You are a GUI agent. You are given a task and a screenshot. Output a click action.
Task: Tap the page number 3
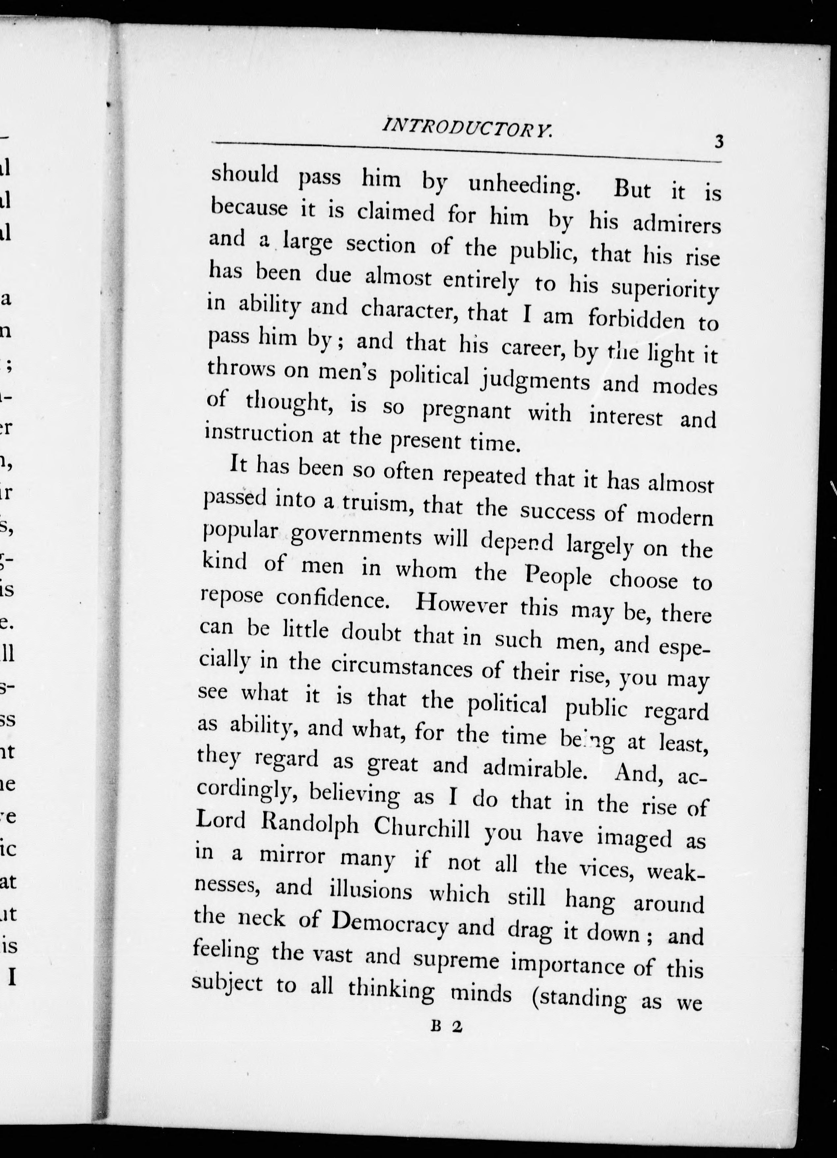coord(719,141)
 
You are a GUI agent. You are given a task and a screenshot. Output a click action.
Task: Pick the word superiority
coord(665,289)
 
